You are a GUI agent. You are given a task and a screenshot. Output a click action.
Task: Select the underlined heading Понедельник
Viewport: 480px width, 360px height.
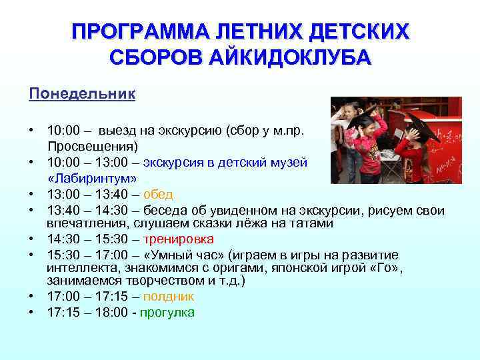tap(82, 93)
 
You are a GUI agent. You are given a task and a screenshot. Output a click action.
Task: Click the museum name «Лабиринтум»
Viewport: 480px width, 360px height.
tap(93, 179)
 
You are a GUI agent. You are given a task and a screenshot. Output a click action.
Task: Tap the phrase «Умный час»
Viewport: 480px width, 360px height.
tap(173, 255)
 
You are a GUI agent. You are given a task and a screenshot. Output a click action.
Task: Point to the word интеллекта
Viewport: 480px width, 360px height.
tap(77, 267)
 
